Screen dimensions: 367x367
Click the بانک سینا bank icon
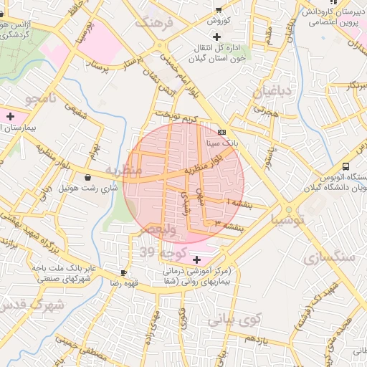pyautogui.click(x=221, y=132)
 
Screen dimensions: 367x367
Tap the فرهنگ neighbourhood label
pyautogui.click(x=159, y=23)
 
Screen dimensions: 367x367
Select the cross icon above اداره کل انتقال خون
pyautogui.click(x=216, y=36)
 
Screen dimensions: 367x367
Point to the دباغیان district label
pyautogui.click(x=268, y=91)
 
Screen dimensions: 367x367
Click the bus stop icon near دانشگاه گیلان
pyautogui.click(x=346, y=166)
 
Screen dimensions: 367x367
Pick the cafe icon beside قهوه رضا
pyautogui.click(x=123, y=272)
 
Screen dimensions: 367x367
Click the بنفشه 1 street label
pyautogui.click(x=238, y=204)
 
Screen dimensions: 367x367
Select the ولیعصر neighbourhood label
pyautogui.click(x=156, y=229)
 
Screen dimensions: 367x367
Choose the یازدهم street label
pyautogui.click(x=254, y=340)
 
